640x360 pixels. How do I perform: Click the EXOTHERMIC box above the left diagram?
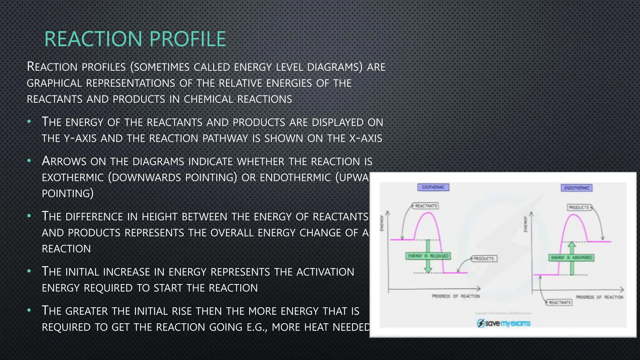point(433,187)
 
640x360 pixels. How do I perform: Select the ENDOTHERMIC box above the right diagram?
point(577,188)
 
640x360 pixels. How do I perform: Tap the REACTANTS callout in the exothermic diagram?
point(426,206)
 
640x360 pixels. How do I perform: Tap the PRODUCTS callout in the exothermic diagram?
point(484,259)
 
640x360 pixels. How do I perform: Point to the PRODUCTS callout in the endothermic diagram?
point(579,207)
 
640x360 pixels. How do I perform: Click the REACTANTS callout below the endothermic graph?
point(560,302)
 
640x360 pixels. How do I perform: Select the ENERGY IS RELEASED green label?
point(428,256)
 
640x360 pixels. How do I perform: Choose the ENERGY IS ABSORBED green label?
point(571,258)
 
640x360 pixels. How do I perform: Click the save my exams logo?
point(503,323)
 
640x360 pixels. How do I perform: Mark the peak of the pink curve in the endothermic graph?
point(574,215)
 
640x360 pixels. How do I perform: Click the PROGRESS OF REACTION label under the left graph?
point(456,296)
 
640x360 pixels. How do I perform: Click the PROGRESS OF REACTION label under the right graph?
point(599,297)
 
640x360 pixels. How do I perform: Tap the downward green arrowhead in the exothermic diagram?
point(428,269)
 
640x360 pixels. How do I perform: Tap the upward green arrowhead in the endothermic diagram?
point(572,245)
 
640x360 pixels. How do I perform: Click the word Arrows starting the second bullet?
point(64,161)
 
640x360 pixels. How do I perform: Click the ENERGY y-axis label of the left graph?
point(381,223)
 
